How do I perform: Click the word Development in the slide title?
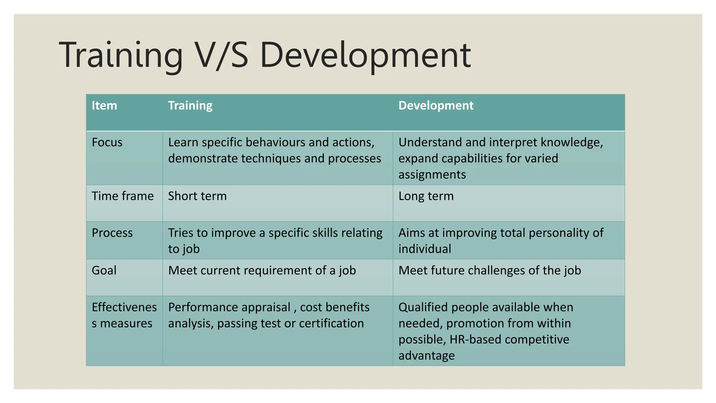(365, 55)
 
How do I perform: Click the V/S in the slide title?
(221, 55)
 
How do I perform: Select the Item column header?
(104, 105)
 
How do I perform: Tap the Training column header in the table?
(190, 105)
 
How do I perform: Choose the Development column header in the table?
(436, 105)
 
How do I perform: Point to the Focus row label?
(107, 142)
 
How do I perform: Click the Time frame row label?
(122, 196)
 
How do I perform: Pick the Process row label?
(112, 233)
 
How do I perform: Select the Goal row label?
(104, 270)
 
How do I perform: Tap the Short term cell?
(197, 196)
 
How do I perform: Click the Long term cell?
(426, 196)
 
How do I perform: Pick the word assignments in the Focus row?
(432, 175)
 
